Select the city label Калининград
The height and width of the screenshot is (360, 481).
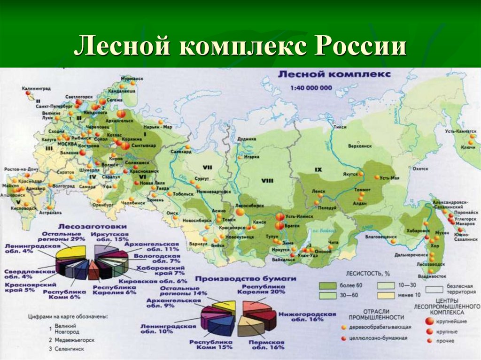36,87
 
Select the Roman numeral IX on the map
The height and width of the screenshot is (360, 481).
318,169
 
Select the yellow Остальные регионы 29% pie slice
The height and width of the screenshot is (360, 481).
70,252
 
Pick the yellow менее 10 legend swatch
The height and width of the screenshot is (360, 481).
384,296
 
